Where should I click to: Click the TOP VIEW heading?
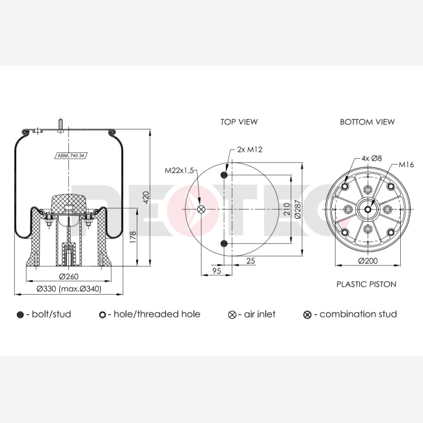click(x=239, y=122)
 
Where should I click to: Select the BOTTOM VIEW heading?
click(x=367, y=122)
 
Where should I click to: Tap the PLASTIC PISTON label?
click(x=366, y=284)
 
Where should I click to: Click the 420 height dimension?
click(x=146, y=197)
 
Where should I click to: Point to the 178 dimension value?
click(x=133, y=237)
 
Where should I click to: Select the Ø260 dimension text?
click(x=69, y=276)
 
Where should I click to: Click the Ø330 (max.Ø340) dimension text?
click(x=69, y=289)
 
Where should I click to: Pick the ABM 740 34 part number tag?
click(x=71, y=156)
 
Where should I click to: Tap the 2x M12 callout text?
click(x=249, y=150)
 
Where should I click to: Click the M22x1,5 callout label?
click(x=180, y=171)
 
